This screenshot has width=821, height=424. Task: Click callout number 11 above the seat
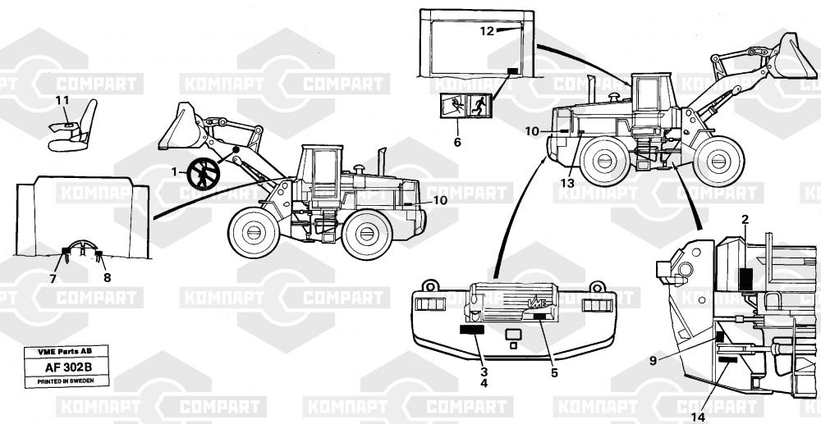pos(62,101)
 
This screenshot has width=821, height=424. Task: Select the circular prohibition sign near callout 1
pos(204,173)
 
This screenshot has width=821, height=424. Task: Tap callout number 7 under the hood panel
pos(53,279)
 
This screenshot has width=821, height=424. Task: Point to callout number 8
pos(107,277)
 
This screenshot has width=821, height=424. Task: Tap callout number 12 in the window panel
pos(487,31)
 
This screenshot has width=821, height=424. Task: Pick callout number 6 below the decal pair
pos(457,141)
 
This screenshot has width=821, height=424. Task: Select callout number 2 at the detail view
pos(745,219)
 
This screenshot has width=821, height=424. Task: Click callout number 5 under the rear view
pos(554,373)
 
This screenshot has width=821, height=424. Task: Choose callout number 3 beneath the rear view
pos(484,371)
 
